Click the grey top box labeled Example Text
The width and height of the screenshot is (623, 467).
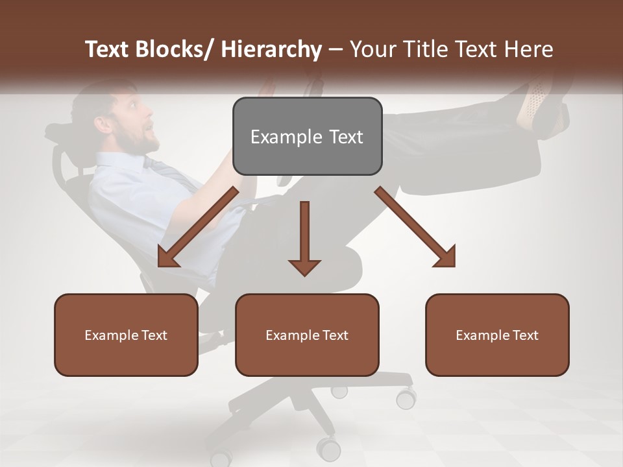click(307, 136)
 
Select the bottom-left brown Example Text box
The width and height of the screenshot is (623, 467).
click(126, 335)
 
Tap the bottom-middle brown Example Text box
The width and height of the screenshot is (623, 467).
click(307, 335)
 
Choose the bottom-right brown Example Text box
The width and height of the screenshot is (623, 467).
click(497, 335)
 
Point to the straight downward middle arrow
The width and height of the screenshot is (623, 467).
click(304, 239)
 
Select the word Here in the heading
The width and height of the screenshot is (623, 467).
click(529, 49)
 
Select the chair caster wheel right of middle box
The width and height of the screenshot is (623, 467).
click(406, 397)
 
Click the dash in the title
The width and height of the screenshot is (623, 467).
click(336, 49)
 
